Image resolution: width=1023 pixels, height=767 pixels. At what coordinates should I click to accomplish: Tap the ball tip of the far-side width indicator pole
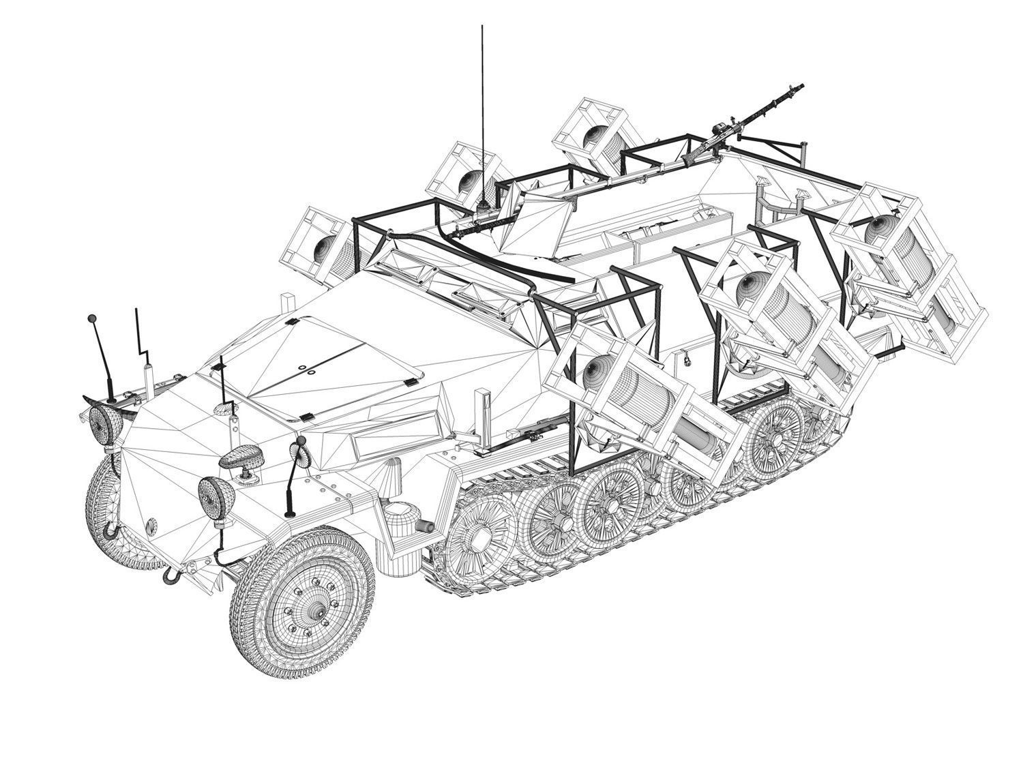click(91, 319)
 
